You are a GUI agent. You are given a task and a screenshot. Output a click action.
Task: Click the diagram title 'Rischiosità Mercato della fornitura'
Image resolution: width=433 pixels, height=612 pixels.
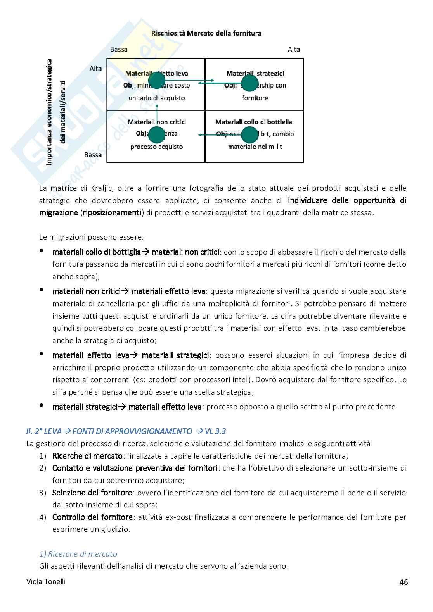206,33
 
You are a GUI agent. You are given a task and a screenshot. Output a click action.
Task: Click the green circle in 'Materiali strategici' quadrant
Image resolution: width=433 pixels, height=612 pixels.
249,83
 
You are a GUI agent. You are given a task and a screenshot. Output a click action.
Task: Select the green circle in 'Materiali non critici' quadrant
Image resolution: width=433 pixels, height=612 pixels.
157,134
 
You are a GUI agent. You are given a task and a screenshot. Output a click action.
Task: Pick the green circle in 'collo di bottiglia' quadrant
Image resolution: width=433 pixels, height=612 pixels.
249,134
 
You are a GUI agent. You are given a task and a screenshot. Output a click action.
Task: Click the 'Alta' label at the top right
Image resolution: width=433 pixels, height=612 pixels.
294,49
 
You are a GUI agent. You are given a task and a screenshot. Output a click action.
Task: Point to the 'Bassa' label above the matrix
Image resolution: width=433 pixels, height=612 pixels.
119,49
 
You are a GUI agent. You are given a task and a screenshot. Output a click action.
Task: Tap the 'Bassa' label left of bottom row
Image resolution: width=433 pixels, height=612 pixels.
93,155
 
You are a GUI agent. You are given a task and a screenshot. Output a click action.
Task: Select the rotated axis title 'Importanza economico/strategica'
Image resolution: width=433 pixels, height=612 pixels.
49,112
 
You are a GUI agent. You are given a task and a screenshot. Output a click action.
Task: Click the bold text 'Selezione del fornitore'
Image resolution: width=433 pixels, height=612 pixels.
92,493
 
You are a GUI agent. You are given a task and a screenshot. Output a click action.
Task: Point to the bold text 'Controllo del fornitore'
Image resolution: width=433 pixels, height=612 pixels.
93,517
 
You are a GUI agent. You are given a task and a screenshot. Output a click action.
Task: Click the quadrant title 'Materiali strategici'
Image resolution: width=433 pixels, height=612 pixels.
255,73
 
